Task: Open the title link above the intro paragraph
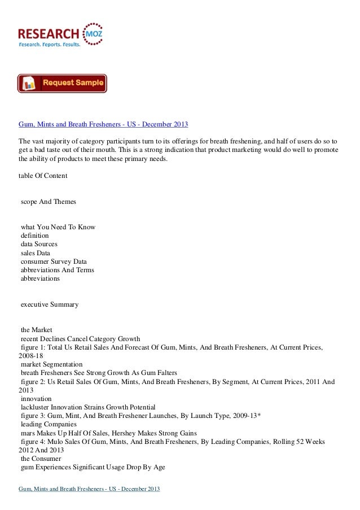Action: coord(103,124)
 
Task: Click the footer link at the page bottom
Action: coord(90,487)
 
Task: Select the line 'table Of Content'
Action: coord(43,176)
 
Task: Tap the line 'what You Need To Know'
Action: coord(58,227)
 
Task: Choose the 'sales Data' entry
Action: coord(36,253)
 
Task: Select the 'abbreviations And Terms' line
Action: coord(57,270)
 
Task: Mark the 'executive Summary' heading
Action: coord(49,304)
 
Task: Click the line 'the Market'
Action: coord(36,330)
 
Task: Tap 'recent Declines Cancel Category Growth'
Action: coord(80,338)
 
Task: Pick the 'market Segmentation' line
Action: coord(51,364)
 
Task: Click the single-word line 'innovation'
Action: coord(36,399)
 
